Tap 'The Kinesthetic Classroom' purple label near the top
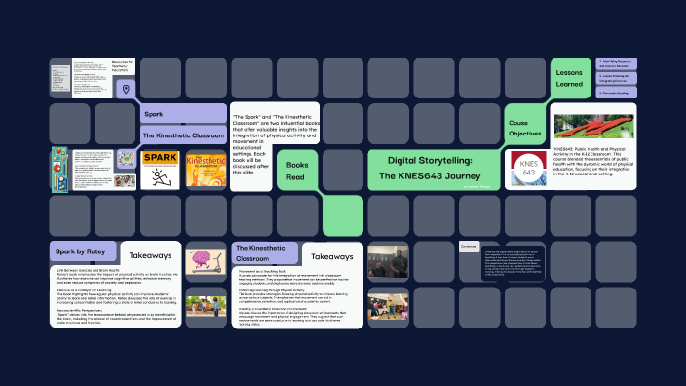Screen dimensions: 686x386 [182, 135]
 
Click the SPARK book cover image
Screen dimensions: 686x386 [158, 169]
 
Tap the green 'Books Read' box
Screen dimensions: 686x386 [297, 172]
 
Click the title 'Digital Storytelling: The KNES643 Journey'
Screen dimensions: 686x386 [430, 168]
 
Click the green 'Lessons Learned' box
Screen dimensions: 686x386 [569, 78]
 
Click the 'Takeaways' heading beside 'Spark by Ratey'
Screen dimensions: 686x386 [150, 255]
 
